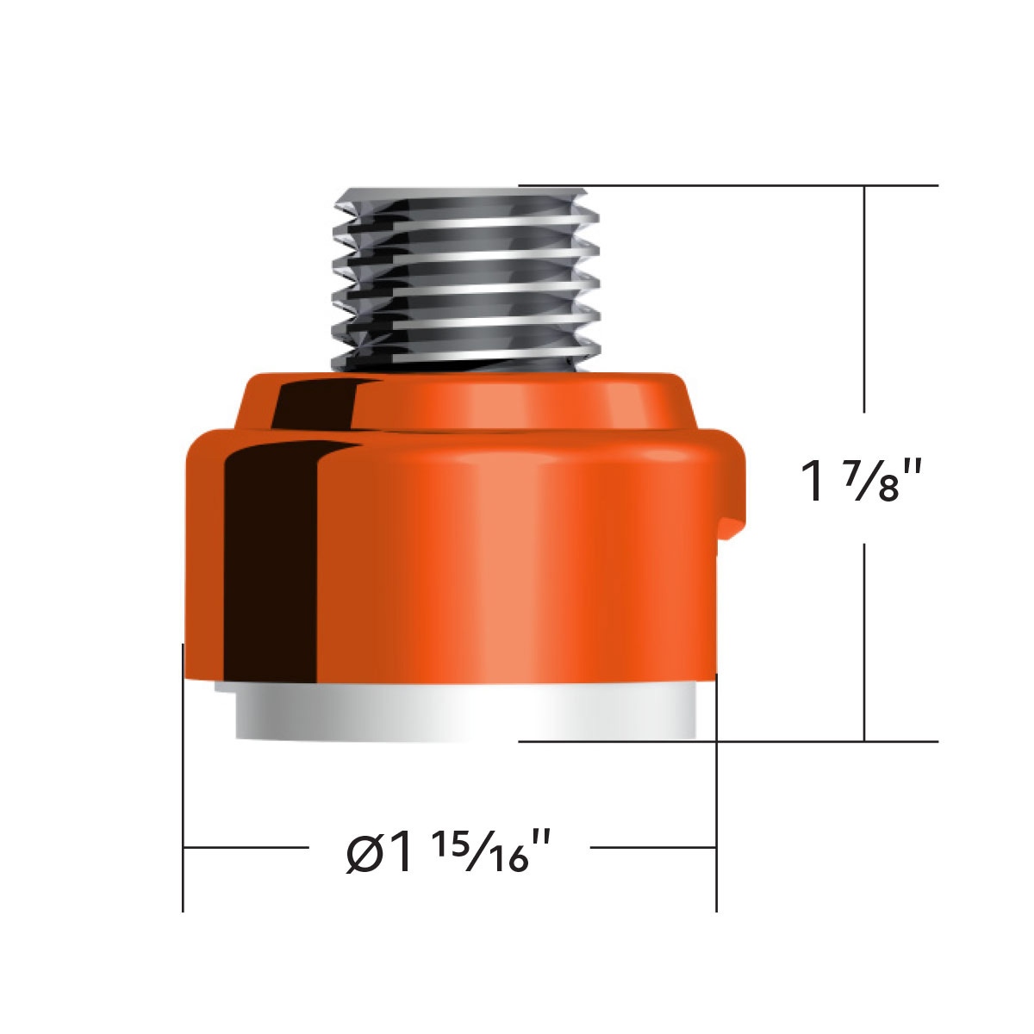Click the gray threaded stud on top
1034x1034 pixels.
(465, 276)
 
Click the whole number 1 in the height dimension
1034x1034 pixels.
(813, 481)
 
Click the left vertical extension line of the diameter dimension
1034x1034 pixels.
(183, 775)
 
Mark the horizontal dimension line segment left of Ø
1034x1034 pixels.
(246, 848)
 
